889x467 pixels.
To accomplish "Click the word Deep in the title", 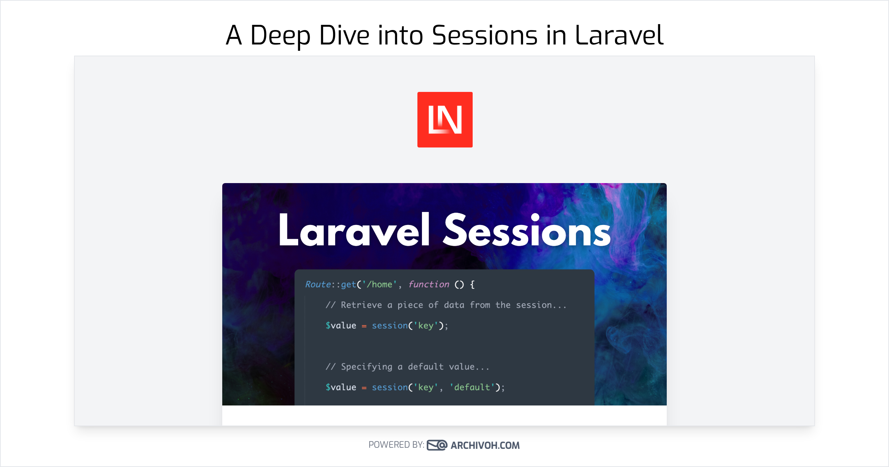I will coord(280,36).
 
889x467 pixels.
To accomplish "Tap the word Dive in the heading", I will coord(344,36).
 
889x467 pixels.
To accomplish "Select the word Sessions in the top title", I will coord(485,36).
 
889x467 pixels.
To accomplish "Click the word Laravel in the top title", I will coord(619,36).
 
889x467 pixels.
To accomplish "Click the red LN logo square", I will coord(445,120).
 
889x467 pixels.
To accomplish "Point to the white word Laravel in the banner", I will coord(354,230).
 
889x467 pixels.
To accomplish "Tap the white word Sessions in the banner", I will coord(527,231).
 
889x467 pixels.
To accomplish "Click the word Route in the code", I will coord(318,284).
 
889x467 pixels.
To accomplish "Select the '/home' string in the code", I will coord(379,284).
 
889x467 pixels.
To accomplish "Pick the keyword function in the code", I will coord(429,284).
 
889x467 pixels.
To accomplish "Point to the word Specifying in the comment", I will coord(366,367).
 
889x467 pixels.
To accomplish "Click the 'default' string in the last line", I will coord(472,387).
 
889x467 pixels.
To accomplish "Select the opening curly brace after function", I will coord(472,285).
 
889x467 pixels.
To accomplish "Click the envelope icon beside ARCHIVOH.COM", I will coord(437,445).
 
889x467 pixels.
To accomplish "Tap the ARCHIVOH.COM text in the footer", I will coord(485,445).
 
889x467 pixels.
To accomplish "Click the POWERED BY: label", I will coord(396,445).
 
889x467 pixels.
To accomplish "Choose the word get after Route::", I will coord(348,284).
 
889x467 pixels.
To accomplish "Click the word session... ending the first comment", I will coord(541,305).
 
